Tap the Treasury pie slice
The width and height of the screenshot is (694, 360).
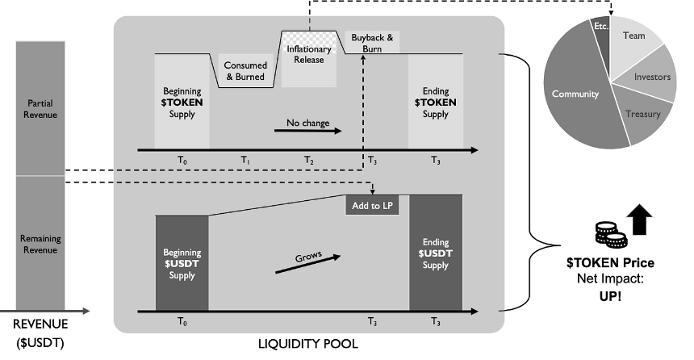(642, 115)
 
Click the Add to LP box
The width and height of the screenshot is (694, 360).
(372, 206)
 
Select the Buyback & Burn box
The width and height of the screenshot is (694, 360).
(372, 43)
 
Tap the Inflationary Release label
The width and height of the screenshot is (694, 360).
(309, 54)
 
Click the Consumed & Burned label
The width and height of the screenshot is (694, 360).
(245, 71)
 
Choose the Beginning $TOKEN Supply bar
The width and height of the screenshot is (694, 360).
(182, 102)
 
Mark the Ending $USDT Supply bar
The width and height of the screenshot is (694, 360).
(436, 253)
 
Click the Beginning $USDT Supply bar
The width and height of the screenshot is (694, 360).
(182, 263)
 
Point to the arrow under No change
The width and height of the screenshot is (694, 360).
(308, 131)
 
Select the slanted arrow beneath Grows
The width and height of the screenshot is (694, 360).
(308, 264)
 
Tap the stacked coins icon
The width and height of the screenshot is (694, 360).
(611, 235)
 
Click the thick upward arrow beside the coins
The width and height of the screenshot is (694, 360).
(640, 219)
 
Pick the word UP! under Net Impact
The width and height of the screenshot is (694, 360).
(610, 296)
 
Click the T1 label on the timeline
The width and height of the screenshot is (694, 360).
(245, 161)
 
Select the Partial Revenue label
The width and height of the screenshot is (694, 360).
(40, 109)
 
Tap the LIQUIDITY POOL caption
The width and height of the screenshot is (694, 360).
(308, 344)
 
